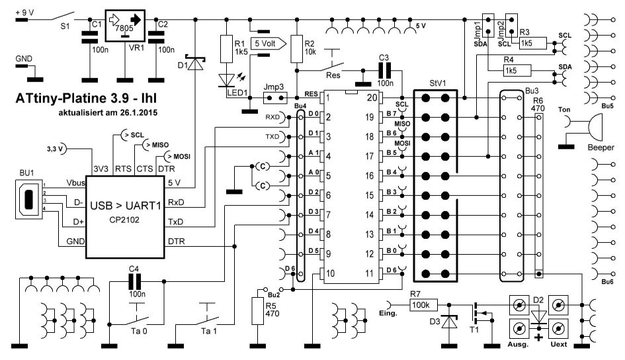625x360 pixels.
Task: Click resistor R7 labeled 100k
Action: pyautogui.click(x=421, y=304)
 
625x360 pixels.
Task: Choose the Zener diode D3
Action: pyautogui.click(x=452, y=322)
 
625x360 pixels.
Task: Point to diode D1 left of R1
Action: pyautogui.click(x=196, y=64)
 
